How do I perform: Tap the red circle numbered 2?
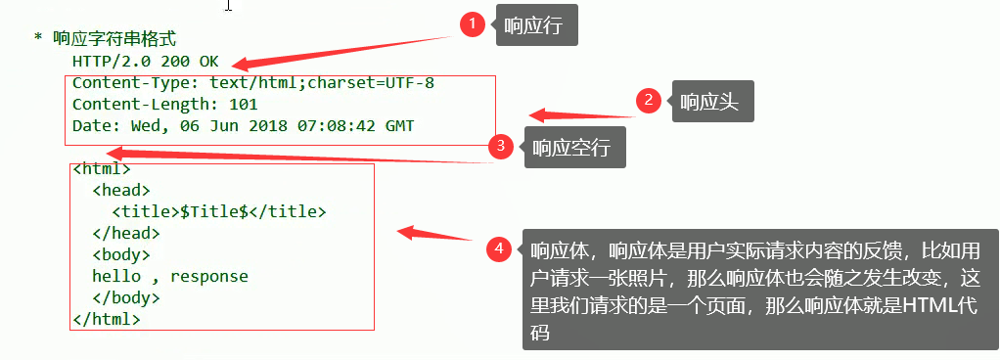point(648,100)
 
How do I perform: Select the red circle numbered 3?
point(501,147)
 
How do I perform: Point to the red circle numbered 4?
point(500,249)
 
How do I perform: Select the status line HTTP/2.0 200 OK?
point(145,61)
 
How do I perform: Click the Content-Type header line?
point(252,82)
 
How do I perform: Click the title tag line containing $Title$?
point(218,211)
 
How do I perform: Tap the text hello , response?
point(169,276)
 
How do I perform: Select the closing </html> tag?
point(107,319)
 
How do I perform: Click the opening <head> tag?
point(120,190)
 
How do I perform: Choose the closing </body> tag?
point(125,297)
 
